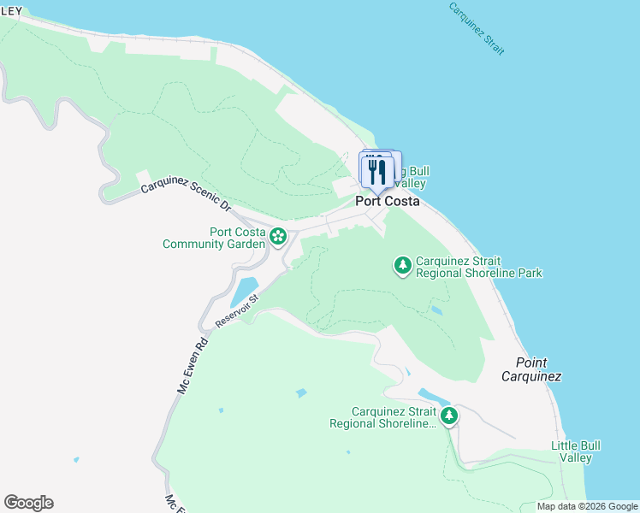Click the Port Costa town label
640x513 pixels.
point(388,202)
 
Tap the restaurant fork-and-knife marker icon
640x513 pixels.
point(376,171)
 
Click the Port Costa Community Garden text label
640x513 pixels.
point(214,238)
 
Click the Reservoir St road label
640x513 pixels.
point(236,311)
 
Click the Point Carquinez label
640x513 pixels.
point(530,369)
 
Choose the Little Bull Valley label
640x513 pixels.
point(576,451)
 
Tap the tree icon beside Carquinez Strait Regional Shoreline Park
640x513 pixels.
point(402,266)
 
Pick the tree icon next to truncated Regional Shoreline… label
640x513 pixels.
point(448,416)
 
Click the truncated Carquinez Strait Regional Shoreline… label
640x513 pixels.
point(382,417)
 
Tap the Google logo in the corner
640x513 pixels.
point(28,503)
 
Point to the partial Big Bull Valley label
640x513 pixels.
point(410,177)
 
